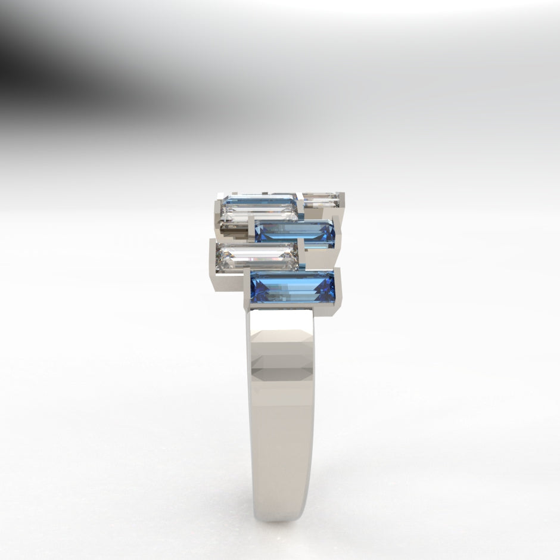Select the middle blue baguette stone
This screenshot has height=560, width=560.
click(x=294, y=231)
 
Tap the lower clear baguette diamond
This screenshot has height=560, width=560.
click(x=257, y=255)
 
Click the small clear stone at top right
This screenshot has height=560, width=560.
click(x=321, y=200)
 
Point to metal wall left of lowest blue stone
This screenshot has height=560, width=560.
click(x=247, y=289)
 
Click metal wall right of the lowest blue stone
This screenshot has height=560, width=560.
click(x=337, y=289)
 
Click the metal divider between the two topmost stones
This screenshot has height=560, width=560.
click(x=300, y=200)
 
